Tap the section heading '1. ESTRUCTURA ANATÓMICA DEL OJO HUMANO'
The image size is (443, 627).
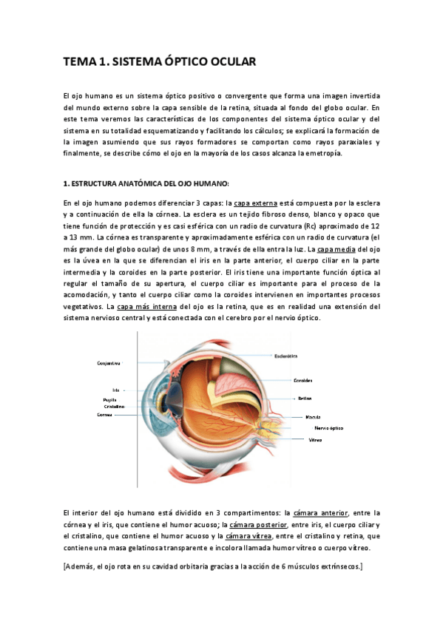pos(146,183)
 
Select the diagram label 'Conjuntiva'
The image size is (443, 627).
pos(109,363)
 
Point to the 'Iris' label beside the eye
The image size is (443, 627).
pos(115,390)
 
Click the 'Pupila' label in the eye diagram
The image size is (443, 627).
pos(109,399)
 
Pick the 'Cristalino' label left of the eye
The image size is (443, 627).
pos(114,406)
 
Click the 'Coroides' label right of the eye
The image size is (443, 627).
pos(302,380)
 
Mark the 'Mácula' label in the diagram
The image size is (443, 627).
pos(313,417)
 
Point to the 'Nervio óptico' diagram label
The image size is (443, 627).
pos(328,428)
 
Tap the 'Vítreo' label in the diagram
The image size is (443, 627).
pos(314,440)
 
